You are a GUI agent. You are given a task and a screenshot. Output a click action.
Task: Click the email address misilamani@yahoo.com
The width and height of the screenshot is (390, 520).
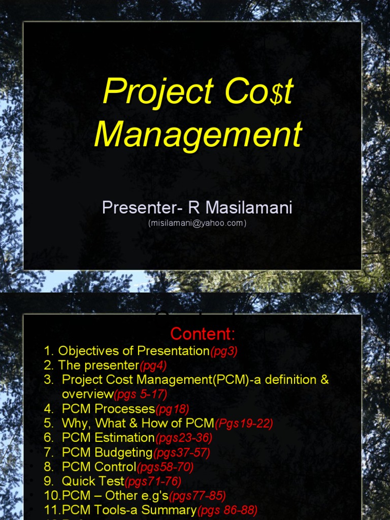[197, 223]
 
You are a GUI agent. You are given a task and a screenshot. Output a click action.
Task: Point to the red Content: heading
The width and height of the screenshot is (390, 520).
[203, 334]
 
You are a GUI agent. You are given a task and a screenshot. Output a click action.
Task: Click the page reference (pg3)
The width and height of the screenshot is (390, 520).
[223, 351]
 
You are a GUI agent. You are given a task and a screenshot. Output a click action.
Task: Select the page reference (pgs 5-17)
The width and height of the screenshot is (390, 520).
[140, 394]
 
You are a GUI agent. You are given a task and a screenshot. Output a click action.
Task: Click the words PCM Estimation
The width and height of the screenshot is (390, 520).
[108, 437]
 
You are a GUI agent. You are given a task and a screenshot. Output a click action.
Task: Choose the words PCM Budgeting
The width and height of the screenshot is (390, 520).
[107, 452]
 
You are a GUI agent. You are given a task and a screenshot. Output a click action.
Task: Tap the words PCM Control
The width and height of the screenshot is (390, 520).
[99, 467]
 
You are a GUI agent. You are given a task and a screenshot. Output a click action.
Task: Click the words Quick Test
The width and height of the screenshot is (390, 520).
[93, 481]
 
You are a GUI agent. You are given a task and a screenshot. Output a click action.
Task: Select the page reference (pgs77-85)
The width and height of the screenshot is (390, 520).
[197, 496]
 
